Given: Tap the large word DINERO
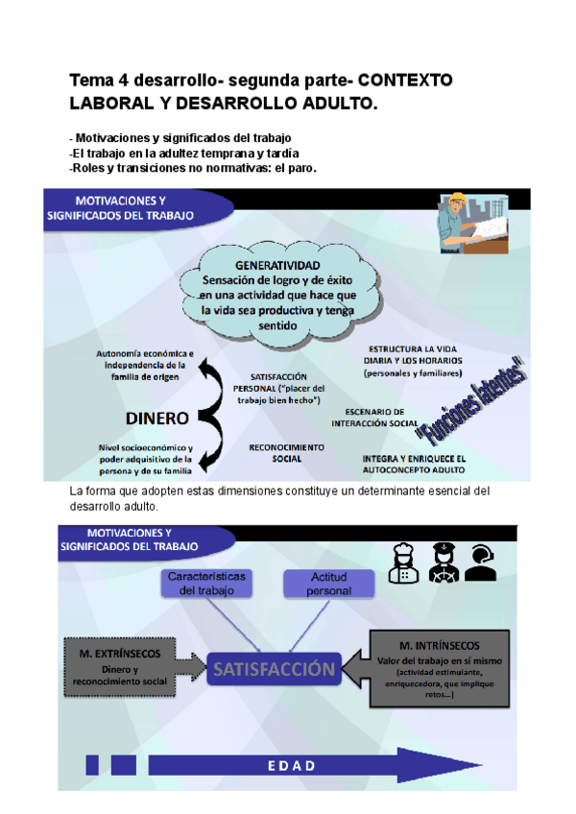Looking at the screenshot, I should click(156, 419).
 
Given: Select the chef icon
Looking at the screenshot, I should click(402, 563).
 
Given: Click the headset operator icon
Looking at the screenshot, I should click(480, 563).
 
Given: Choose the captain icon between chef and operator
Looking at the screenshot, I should click(441, 563).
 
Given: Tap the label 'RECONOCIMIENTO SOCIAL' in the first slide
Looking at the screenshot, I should click(287, 452).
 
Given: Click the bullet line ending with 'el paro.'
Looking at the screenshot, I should click(193, 168).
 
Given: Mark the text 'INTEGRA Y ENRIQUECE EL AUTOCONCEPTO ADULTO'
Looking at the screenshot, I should click(414, 465).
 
